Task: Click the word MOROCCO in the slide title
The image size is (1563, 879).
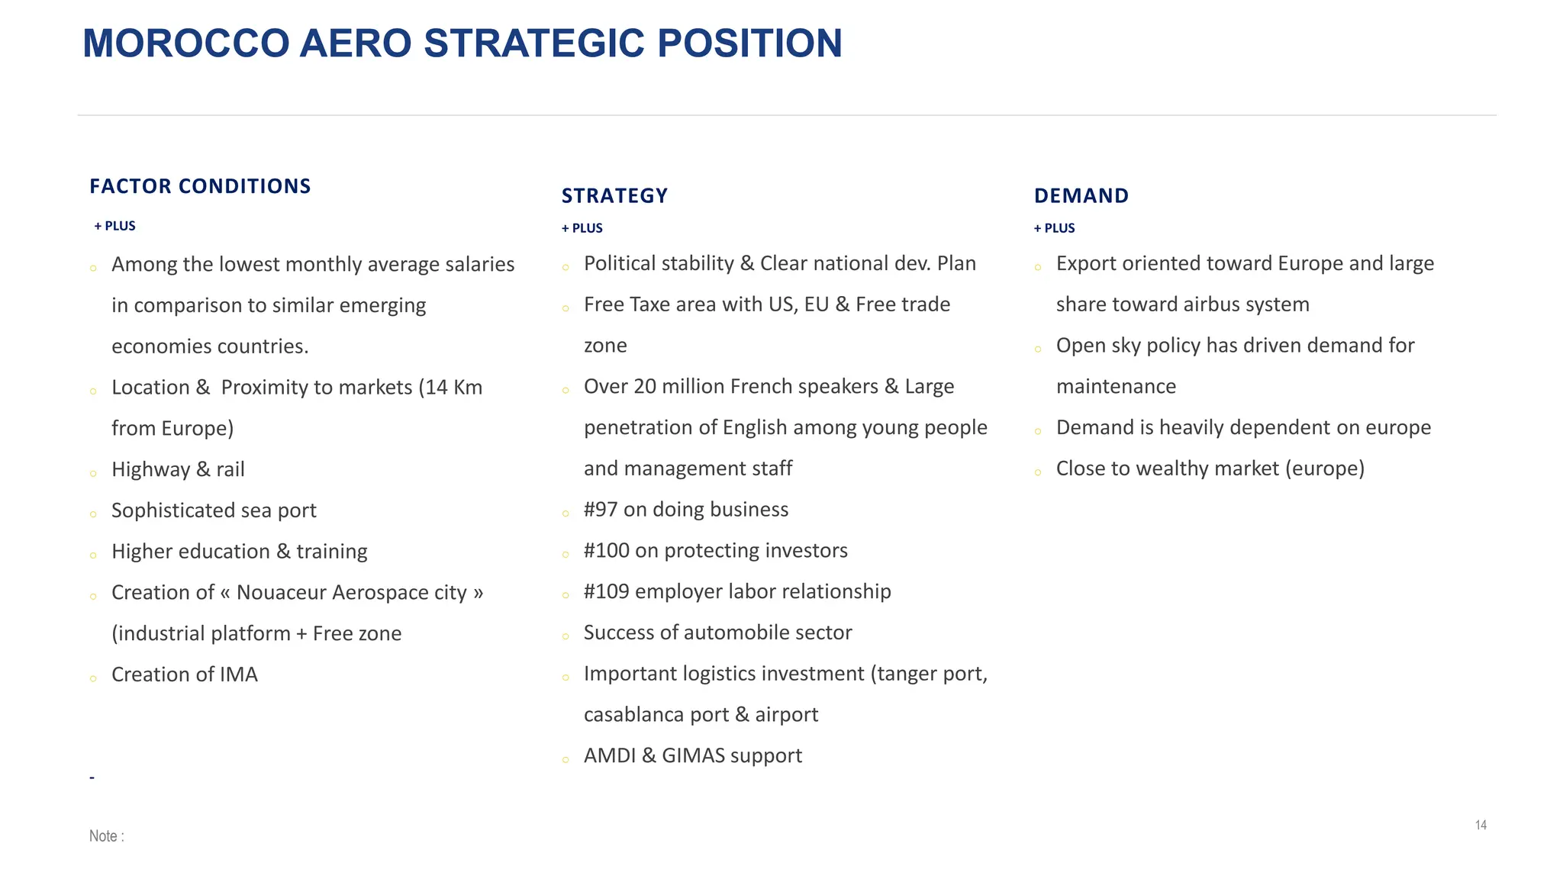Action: (x=185, y=43)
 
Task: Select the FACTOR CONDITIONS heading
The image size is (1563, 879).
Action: (x=200, y=186)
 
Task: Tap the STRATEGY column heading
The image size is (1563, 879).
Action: (x=614, y=196)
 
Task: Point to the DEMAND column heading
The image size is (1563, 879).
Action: (x=1081, y=196)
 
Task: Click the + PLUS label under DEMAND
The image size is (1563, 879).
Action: (x=1054, y=228)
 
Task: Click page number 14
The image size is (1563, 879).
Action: (x=1481, y=825)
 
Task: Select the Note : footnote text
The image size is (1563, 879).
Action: (x=106, y=836)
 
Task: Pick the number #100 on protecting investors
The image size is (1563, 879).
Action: (x=606, y=551)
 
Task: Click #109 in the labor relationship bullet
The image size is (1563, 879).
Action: (x=606, y=592)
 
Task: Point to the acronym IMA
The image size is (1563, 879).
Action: (x=238, y=675)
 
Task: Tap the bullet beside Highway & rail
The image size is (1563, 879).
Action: (x=93, y=474)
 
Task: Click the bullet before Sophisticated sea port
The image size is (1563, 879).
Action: (x=93, y=515)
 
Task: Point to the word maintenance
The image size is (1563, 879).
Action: (x=1116, y=387)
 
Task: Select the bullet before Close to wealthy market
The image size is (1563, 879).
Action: (x=1038, y=473)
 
